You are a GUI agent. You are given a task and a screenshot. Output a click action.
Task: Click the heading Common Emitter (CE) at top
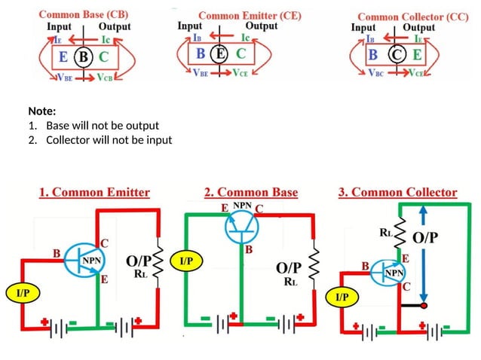pyautogui.click(x=241, y=14)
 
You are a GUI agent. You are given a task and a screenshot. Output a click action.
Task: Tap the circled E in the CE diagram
pyautogui.click(x=219, y=54)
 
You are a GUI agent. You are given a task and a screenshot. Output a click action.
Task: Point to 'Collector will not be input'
pyautogui.click(x=109, y=139)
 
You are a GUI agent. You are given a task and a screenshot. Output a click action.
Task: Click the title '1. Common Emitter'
pyautogui.click(x=93, y=192)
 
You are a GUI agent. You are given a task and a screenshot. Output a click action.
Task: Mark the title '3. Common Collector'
pyautogui.click(x=398, y=192)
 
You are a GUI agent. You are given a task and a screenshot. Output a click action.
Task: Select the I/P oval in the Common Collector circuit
pyautogui.click(x=342, y=297)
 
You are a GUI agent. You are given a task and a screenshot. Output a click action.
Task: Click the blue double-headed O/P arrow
pyautogui.click(x=424, y=256)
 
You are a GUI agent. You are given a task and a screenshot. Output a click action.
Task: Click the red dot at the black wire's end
pyautogui.click(x=424, y=307)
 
